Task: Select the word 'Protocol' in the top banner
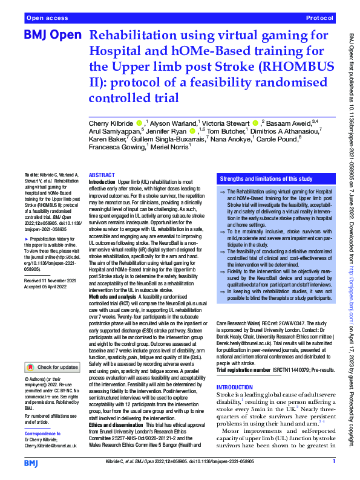[x=319, y=18]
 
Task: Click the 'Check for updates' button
[x=52, y=366]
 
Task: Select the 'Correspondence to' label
[x=42, y=433]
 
